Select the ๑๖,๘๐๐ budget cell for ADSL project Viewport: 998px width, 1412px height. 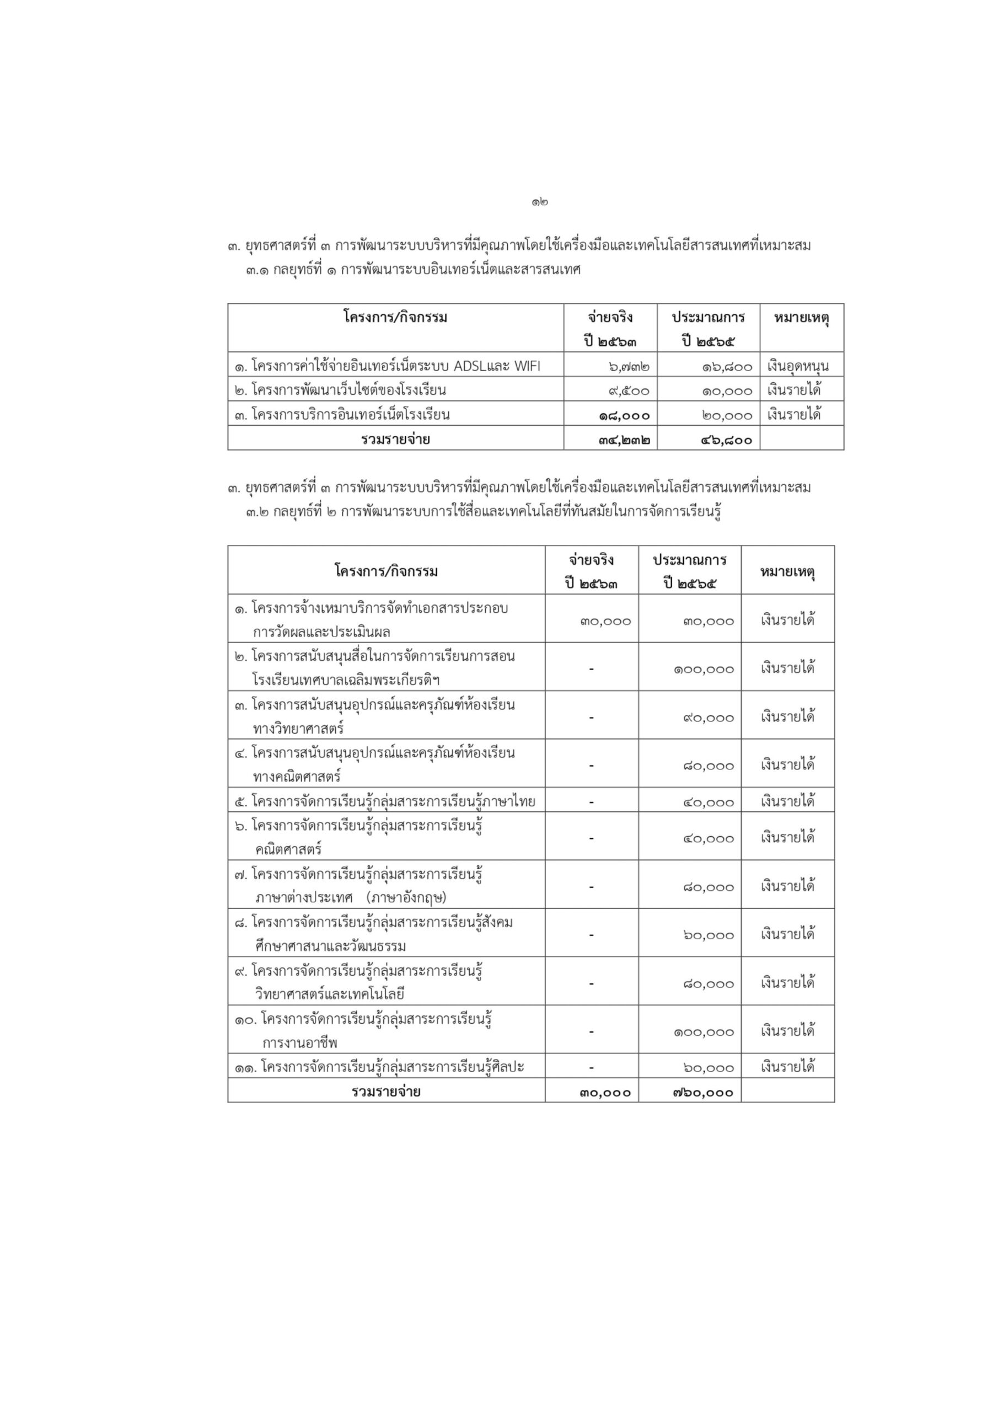(727, 367)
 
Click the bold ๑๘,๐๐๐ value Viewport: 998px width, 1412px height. (624, 416)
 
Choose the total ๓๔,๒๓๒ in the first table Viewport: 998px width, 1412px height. (624, 440)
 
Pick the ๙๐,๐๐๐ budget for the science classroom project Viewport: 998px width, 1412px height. (709, 718)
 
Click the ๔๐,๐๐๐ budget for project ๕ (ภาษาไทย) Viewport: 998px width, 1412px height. (709, 803)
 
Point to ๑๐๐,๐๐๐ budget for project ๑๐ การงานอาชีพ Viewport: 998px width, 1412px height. (704, 1032)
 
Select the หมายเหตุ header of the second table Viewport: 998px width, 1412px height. (788, 572)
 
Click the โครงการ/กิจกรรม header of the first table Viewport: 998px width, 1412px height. (395, 318)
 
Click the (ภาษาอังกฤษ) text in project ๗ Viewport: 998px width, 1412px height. (406, 898)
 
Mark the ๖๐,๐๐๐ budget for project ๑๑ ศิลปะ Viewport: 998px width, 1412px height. (709, 1068)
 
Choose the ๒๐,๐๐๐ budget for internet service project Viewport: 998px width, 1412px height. (727, 416)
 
